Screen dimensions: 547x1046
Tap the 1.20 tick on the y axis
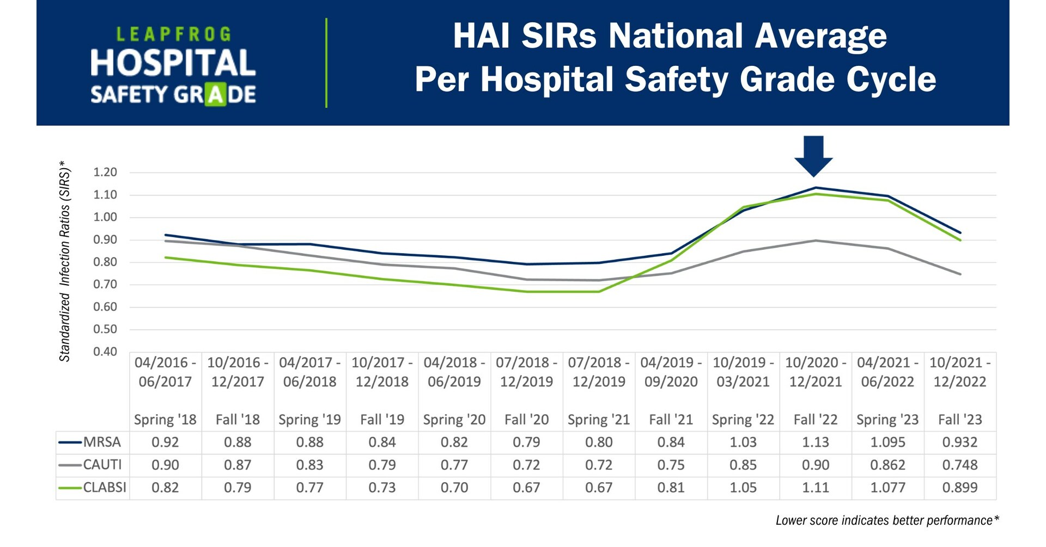click(105, 173)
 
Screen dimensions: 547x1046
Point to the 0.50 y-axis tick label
click(105, 329)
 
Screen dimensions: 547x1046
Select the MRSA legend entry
click(101, 442)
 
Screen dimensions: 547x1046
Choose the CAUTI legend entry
click(102, 465)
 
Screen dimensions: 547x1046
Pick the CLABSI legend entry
click(104, 487)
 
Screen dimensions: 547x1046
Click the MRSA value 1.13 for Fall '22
click(815, 442)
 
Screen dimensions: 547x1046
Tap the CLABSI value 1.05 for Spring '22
click(743, 487)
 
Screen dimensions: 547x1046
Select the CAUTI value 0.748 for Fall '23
click(959, 465)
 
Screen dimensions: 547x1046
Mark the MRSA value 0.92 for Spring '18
click(165, 442)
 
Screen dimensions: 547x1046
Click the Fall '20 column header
click(526, 420)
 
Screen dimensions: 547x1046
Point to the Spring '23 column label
click(887, 420)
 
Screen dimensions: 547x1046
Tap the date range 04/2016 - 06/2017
click(165, 372)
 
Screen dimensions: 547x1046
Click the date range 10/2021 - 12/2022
click(959, 372)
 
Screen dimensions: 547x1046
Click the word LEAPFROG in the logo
click(173, 35)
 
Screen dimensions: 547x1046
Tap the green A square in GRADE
click(215, 95)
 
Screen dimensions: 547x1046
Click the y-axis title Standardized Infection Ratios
click(65, 261)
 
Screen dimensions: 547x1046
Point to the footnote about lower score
click(887, 520)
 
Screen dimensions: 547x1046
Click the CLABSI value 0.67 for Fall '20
click(526, 487)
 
